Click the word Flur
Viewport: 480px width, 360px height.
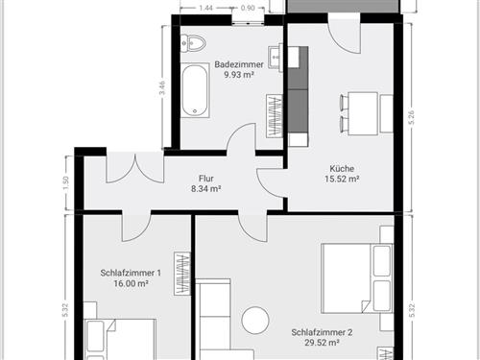click(205, 179)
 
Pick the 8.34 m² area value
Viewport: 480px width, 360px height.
click(205, 190)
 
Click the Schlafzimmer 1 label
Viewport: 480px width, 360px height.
click(131, 273)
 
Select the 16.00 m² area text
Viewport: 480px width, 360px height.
click(131, 284)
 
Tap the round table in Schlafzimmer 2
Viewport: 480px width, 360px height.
click(256, 320)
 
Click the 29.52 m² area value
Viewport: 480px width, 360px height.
click(322, 344)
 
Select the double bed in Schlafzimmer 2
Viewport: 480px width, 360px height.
click(356, 278)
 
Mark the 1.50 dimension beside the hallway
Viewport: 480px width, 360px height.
click(66, 181)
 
